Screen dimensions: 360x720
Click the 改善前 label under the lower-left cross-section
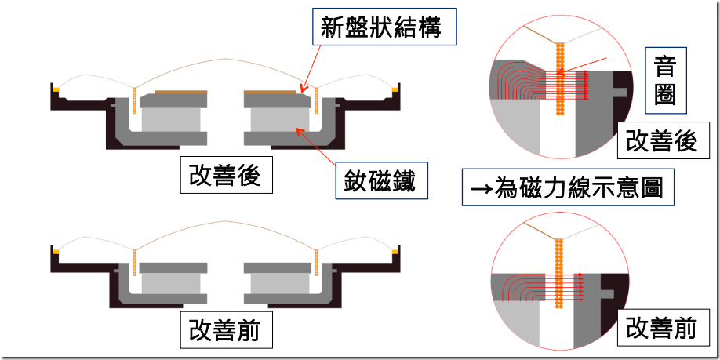click(226, 331)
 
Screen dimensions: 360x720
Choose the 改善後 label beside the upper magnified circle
click(661, 142)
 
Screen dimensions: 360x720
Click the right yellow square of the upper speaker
click(395, 88)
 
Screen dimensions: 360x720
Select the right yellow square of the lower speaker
click(395, 251)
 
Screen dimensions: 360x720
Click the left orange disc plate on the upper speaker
click(181, 92)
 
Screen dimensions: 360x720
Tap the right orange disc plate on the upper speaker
click(270, 92)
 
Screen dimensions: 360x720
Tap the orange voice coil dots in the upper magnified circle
click(560, 78)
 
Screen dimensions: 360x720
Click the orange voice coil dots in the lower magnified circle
click(559, 275)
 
